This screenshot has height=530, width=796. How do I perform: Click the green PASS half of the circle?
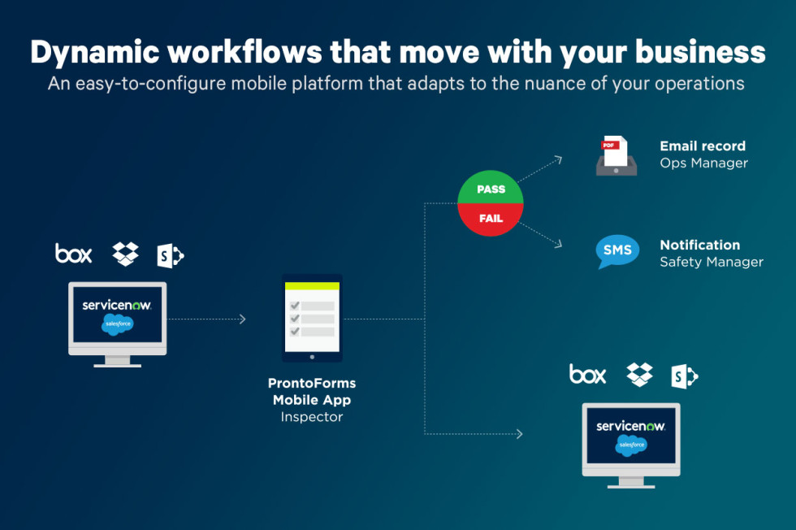[x=491, y=187]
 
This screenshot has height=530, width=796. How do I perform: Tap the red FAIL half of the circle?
[x=491, y=219]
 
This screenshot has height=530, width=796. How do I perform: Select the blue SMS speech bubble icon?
[x=616, y=251]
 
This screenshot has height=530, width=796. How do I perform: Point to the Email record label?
[x=703, y=146]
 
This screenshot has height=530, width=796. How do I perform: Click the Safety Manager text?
[x=712, y=263]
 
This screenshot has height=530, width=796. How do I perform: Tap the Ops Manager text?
[x=703, y=163]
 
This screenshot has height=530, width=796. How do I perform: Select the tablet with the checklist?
[x=312, y=318]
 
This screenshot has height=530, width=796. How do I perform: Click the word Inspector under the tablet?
[x=312, y=417]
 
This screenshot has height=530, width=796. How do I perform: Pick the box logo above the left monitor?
[x=74, y=253]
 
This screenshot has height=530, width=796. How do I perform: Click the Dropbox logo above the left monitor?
[x=125, y=254]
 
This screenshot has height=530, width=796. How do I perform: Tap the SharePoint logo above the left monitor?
[x=170, y=255]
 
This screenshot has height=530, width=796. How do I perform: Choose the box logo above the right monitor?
[x=587, y=374]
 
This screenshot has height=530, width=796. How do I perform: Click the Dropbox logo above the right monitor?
[x=640, y=375]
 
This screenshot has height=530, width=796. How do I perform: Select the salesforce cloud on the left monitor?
[x=117, y=324]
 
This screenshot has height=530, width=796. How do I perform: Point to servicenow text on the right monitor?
[x=630, y=426]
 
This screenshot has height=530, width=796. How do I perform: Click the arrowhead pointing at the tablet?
[x=243, y=319]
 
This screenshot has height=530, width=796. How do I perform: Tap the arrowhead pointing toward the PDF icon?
[x=558, y=160]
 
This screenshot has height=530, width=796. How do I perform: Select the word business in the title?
[x=700, y=52]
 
